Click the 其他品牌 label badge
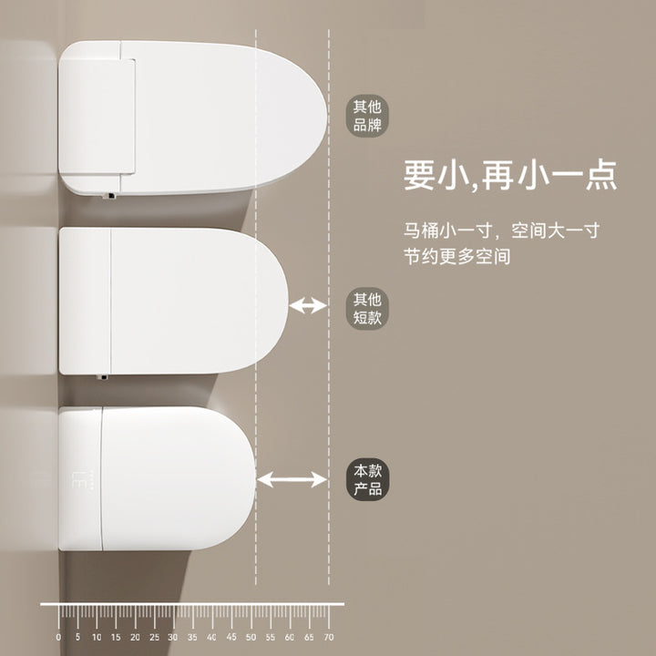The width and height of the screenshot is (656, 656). tap(367, 116)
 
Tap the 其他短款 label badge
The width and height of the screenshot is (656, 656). tap(367, 308)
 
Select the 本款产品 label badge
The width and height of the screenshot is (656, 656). tap(367, 479)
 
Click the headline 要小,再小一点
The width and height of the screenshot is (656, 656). tap(510, 176)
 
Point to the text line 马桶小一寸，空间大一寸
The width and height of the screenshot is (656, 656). tap(502, 231)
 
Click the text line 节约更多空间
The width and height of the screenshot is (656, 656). tap(456, 256)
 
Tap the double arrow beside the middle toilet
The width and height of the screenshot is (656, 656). tap(308, 305)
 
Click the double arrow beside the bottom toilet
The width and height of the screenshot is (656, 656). tap(292, 479)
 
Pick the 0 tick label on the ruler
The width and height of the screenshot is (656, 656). tap(58, 637)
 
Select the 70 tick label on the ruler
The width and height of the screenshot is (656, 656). tap(329, 637)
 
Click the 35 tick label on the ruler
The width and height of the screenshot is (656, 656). tap(192, 637)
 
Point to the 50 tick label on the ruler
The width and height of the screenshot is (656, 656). tap(251, 637)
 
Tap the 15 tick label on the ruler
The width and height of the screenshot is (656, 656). tap(116, 637)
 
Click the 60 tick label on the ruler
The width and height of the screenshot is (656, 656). tap(290, 637)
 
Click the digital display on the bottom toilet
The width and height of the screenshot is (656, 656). tap(82, 479)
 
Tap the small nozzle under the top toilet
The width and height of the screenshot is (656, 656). tap(109, 195)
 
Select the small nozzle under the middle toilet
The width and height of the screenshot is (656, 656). tap(102, 377)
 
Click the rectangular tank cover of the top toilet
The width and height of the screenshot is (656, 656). tap(97, 117)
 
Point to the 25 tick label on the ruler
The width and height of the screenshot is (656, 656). tap(154, 637)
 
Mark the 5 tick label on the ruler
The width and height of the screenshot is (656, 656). tap(77, 637)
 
